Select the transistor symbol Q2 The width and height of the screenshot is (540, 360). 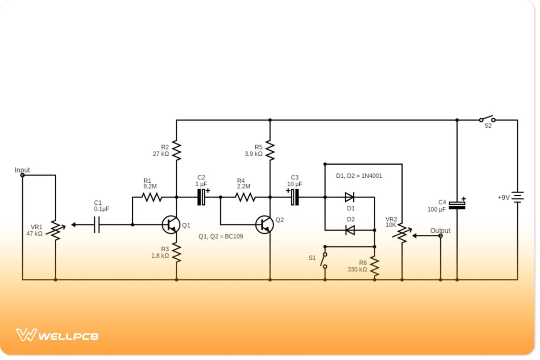coord(264,225)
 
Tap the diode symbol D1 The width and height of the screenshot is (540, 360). coord(349,197)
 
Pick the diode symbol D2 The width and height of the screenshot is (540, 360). coord(349,230)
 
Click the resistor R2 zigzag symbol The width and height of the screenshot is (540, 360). coord(176,151)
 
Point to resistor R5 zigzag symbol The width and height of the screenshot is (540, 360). coord(270,151)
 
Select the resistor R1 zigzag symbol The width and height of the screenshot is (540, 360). coord(151,197)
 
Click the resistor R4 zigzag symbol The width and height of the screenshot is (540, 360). coord(245,197)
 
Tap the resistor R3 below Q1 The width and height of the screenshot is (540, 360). coord(176,253)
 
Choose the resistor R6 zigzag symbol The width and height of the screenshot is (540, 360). coord(374,266)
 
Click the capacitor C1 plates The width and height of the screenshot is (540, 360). coord(96,225)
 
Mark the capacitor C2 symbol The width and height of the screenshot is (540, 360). coord(202,197)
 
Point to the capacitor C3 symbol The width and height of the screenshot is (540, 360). coord(295,197)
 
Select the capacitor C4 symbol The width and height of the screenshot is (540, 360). coord(457,205)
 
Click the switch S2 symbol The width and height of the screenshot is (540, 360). coord(487,120)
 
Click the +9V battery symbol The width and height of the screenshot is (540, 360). coord(517,197)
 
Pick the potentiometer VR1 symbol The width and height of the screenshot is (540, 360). coord(55,229)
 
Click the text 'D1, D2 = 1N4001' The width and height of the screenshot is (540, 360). coord(359,176)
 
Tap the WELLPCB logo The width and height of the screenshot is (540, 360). coord(58,335)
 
